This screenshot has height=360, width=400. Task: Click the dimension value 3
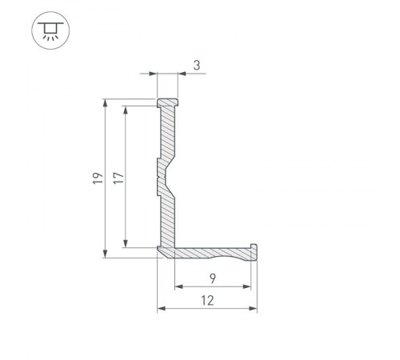tap(197, 66)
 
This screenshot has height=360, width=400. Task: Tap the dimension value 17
tap(118, 178)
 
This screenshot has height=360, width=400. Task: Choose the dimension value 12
tap(207, 300)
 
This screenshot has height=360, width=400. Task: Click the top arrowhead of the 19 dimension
tap(106, 102)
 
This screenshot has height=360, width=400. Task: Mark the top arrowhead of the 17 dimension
tap(126, 106)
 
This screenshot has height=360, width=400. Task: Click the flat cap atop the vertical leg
tap(167, 103)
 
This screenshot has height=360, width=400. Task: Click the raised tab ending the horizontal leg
tap(254, 246)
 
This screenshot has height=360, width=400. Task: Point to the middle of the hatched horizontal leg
tap(213, 253)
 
